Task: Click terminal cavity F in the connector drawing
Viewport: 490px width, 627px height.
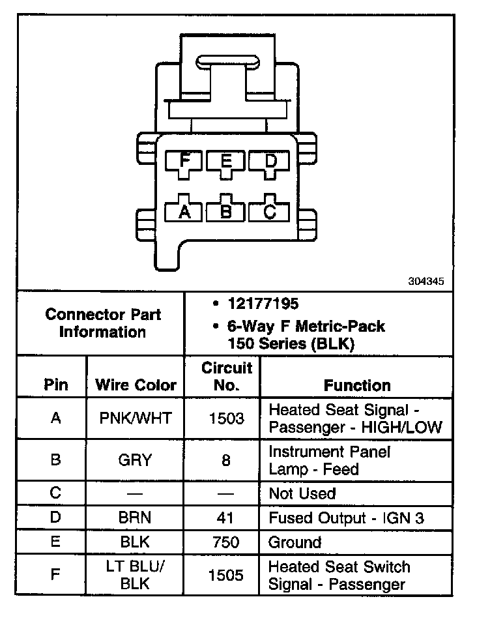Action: (185, 161)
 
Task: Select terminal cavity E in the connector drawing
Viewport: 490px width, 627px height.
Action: (226, 161)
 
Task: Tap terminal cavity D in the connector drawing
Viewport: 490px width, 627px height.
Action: (268, 161)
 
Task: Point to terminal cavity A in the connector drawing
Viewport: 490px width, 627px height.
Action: (185, 211)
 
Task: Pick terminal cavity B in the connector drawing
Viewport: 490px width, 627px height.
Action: (226, 211)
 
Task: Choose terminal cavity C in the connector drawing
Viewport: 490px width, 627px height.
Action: (268, 211)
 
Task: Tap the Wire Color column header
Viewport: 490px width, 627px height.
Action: (136, 385)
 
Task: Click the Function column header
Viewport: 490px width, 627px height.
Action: (357, 385)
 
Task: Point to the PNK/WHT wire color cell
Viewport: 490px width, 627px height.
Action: (136, 418)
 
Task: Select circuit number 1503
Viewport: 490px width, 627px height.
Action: (226, 418)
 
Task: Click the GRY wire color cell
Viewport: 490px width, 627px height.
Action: (136, 460)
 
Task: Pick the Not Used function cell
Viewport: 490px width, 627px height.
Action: (302, 493)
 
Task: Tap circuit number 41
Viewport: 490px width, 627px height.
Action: (226, 518)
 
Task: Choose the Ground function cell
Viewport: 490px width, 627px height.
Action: (295, 542)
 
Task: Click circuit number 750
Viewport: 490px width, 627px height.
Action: (226, 542)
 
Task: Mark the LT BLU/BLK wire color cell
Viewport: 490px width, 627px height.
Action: (136, 575)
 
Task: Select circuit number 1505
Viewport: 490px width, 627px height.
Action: (226, 575)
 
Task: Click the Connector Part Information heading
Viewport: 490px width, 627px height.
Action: (103, 323)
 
